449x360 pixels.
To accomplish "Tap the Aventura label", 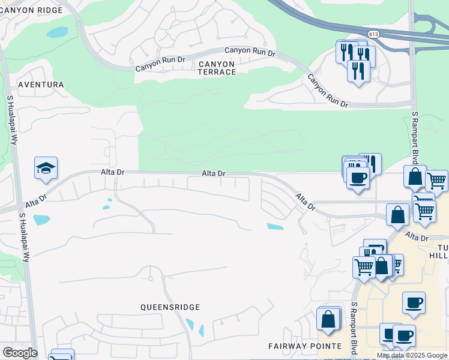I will (41, 85).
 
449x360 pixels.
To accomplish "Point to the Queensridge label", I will (170, 307).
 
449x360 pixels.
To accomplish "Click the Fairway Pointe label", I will (304, 346).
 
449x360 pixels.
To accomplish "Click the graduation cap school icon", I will (46, 169).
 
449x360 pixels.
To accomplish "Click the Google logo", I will (19, 353).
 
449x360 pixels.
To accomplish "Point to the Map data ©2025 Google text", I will (412, 355).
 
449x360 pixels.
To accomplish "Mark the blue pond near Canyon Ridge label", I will (58, 32).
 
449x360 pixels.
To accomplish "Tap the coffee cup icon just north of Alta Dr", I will (358, 178).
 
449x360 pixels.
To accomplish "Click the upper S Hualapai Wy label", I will (11, 120).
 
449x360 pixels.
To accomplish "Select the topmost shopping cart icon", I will (436, 180).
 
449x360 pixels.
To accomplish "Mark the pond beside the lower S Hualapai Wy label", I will (41, 220).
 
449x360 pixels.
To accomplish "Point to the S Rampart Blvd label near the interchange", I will (414, 137).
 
